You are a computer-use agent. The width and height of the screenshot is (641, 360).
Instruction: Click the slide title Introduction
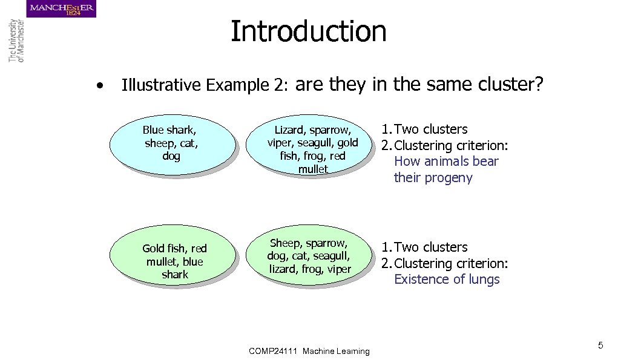tap(308, 31)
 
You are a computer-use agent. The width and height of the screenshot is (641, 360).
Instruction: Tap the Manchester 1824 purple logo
tap(61, 9)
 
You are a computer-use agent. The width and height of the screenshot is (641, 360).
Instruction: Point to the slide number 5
tap(600, 345)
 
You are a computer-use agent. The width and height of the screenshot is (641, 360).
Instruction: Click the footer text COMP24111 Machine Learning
tap(309, 351)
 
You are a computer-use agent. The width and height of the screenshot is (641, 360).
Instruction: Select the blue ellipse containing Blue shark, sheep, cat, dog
tap(172, 144)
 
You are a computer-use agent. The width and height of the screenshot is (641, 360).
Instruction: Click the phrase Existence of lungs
tap(447, 280)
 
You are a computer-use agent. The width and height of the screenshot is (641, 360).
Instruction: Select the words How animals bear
tap(446, 162)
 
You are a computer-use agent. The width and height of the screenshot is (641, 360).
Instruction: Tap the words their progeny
tap(433, 178)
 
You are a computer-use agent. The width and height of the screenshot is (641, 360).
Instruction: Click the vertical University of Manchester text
tap(16, 41)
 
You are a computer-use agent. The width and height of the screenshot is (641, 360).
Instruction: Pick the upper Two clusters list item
tap(431, 129)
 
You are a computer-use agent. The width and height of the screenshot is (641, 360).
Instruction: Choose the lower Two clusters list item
tap(431, 247)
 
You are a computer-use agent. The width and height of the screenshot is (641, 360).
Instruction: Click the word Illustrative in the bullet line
tap(161, 85)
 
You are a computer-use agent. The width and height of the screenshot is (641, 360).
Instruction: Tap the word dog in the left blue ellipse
tap(171, 156)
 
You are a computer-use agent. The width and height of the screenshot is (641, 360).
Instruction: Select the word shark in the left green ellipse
tap(175, 275)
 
